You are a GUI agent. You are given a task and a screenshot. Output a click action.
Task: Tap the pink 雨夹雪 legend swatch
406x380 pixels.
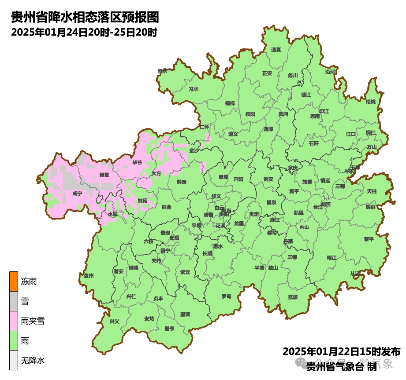coord(14,321)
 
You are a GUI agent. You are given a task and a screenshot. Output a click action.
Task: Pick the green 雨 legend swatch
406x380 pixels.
coord(14,341)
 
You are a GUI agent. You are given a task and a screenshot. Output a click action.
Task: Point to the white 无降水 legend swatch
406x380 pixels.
coord(14,361)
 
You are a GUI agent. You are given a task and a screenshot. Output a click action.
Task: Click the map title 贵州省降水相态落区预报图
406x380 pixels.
coord(85,18)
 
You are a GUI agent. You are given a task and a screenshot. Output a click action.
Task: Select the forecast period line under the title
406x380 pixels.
coord(84,33)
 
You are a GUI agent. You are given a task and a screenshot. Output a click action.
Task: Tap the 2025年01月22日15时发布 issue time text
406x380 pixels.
coord(341,351)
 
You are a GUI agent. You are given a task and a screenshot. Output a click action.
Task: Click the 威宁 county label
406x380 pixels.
coord(77,193)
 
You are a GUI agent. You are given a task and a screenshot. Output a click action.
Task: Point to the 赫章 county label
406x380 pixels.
coord(104,175)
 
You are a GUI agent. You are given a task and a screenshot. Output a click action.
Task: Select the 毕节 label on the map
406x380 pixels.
coord(138,162)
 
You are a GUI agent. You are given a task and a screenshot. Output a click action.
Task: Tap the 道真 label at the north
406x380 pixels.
coord(276,50)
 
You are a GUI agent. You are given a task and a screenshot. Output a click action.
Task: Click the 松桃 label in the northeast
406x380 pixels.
coord(370,102)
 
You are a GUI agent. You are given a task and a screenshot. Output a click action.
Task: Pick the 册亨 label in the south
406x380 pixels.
coord(169,329)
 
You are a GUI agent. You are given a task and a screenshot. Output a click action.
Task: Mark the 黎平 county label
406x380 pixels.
coord(369,239)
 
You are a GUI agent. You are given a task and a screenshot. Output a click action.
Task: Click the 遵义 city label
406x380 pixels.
coord(233,134)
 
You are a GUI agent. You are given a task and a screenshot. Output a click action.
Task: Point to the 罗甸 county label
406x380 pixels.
coord(226,296)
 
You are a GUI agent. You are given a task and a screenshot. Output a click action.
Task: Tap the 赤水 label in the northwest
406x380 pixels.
coord(163,71)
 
